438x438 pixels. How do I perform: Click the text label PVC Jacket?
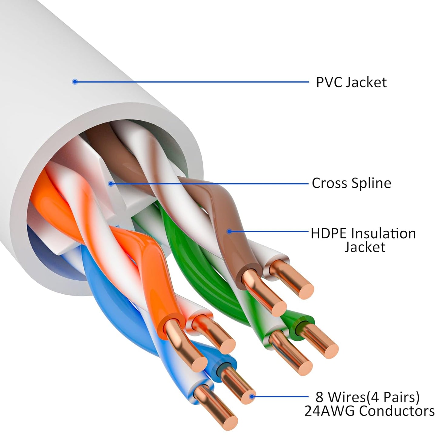351,82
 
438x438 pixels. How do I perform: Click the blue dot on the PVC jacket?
75,82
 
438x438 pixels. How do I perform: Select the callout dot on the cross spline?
111,183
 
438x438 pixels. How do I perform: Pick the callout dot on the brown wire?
229,232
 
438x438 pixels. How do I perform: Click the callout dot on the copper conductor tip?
251,396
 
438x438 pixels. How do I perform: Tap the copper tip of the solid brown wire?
279,308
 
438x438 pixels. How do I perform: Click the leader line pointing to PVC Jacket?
191,82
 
